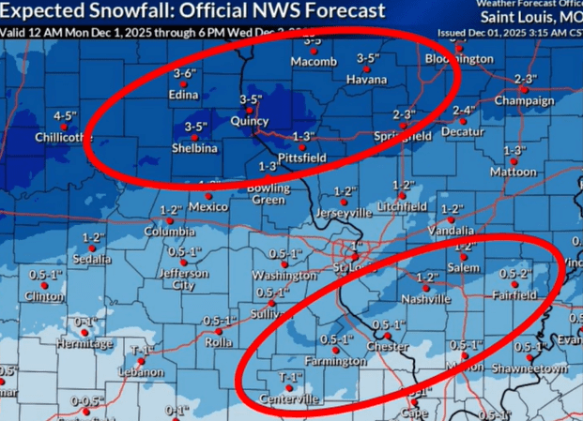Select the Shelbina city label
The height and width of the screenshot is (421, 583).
[x=196, y=148]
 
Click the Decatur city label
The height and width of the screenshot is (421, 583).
[x=463, y=132]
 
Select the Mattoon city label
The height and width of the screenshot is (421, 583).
[x=513, y=173]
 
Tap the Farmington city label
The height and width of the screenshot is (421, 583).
[x=335, y=361]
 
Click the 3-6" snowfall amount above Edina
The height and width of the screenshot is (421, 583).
[x=184, y=73]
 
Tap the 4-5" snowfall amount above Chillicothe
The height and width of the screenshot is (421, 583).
[x=65, y=115]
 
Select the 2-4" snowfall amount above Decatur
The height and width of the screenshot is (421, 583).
[x=464, y=111]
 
